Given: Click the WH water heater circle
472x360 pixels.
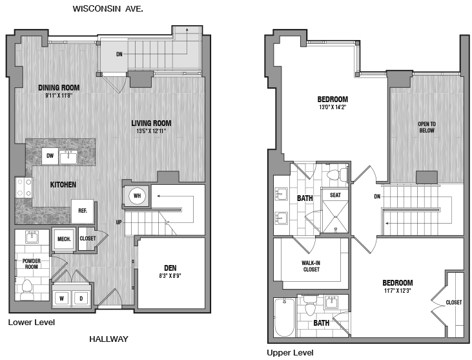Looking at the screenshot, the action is [137, 196].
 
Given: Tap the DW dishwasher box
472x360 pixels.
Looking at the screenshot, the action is [50, 156].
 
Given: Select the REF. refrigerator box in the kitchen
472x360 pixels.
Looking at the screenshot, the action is [83, 211].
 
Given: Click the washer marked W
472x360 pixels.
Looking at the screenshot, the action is [62, 299].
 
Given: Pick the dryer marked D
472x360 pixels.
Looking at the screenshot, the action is [81, 299].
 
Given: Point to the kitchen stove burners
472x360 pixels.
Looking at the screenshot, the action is [24, 187].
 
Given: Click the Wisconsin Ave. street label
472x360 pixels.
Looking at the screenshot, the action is [108, 9].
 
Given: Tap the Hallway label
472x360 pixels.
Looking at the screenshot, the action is [108, 339].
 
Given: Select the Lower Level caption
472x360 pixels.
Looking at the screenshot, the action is [32, 323].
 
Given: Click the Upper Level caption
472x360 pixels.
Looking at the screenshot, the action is [290, 352].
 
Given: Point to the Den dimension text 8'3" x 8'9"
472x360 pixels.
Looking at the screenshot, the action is [170, 275].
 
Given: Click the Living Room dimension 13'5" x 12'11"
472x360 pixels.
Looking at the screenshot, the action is [151, 131].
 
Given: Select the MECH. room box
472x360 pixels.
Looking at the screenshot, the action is [64, 239].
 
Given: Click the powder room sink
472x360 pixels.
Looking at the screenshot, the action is [32, 237].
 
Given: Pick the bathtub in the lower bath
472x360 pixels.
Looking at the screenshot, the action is [285, 317].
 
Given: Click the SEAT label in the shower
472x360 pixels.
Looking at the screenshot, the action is [335, 195].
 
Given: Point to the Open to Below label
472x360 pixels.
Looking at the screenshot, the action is [427, 127].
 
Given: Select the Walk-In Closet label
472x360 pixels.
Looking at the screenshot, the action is [311, 266].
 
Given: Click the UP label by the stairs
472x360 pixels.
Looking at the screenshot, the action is [119, 222].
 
